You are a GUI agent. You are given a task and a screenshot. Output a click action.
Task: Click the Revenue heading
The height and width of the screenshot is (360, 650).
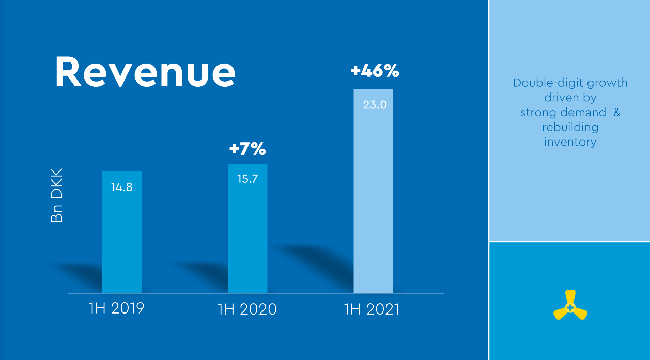click(x=145, y=72)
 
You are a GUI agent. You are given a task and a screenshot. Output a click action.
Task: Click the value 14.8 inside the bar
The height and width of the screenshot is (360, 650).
click(x=122, y=187)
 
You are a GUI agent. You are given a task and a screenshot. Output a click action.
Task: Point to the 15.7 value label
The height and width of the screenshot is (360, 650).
click(x=247, y=180)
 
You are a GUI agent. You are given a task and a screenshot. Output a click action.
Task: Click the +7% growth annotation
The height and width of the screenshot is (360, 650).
click(x=247, y=150)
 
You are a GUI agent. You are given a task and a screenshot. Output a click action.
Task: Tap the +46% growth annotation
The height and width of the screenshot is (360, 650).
click(x=375, y=71)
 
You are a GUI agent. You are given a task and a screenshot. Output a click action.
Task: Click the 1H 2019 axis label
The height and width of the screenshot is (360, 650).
click(x=116, y=308)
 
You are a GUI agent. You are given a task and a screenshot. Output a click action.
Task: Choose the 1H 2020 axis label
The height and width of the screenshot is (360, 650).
click(x=247, y=309)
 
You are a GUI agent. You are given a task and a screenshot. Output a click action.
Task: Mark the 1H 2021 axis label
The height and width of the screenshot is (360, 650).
click(x=372, y=309)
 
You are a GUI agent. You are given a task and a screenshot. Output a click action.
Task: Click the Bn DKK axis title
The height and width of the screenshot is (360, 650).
click(x=57, y=195)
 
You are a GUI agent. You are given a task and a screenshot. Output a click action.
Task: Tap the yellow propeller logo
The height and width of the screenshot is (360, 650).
click(x=570, y=306)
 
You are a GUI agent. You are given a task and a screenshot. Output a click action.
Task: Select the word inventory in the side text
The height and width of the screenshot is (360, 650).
click(x=570, y=142)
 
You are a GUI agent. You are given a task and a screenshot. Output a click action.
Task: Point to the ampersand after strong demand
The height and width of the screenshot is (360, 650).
click(x=616, y=112)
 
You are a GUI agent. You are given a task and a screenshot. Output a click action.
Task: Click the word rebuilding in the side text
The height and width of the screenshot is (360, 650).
click(x=570, y=127)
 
